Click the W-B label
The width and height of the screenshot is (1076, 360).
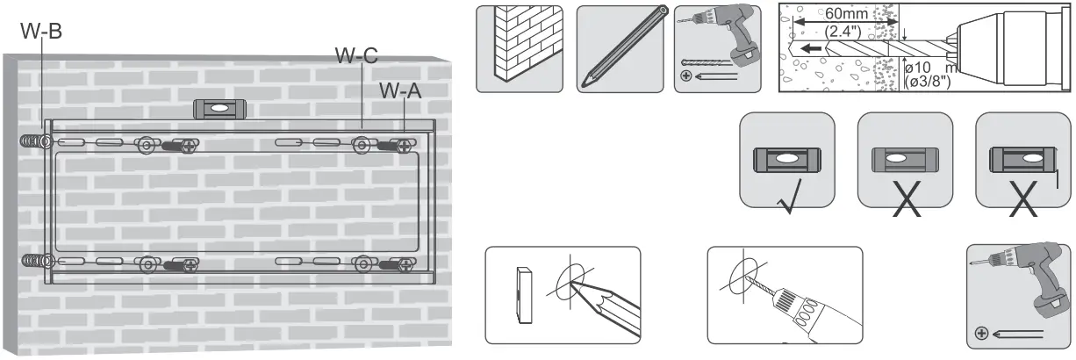[x=40, y=30]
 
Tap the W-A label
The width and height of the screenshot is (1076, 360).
[x=400, y=90]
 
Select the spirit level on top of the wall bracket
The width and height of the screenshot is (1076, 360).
[x=220, y=110]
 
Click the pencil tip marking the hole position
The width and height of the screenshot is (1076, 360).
[x=576, y=284]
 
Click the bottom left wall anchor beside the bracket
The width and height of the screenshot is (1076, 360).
[x=32, y=262]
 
